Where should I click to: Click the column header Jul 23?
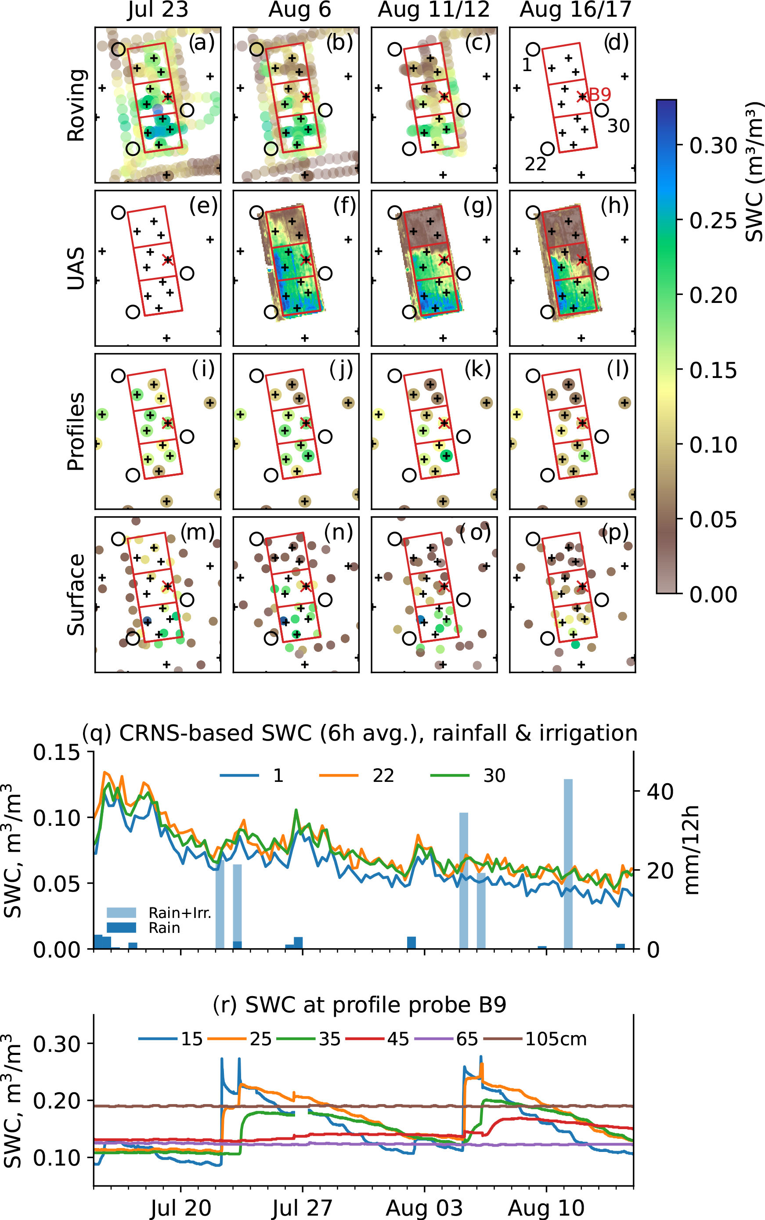157,10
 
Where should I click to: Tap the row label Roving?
76,105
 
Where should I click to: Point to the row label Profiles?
76,432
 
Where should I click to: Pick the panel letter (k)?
478,369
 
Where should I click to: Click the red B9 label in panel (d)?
600,94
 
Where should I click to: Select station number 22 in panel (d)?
535,164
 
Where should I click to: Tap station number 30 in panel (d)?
618,126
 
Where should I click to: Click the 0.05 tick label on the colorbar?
713,519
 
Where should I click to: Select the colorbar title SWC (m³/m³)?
754,172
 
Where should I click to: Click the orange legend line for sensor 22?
339,775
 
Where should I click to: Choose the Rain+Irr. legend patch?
122,912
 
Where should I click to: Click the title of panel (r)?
359,1005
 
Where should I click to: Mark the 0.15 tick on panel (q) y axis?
57,752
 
